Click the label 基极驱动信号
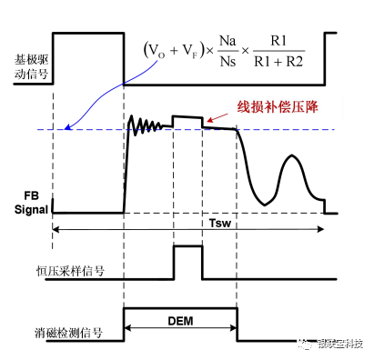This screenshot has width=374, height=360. point(28,66)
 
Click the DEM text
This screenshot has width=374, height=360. point(180,321)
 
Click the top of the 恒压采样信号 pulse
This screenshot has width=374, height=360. point(187,246)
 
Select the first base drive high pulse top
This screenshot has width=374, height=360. point(88,33)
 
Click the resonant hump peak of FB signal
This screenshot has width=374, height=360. point(291,156)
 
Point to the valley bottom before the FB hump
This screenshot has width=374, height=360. point(265,202)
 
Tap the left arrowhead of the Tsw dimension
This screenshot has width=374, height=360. point(56,231)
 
